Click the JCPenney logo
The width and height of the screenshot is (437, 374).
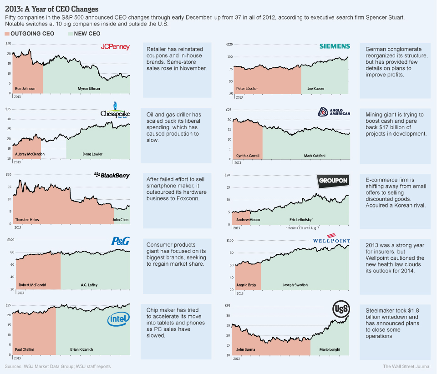pyautogui.click(x=115, y=47)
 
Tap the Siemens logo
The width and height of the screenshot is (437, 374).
pyautogui.click(x=335, y=46)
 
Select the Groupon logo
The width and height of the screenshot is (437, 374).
pyautogui.click(x=333, y=181)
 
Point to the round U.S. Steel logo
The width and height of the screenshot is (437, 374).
pyautogui.click(x=341, y=309)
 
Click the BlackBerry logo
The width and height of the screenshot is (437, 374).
pyautogui.click(x=112, y=175)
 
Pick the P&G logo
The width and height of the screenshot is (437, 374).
pyautogui.click(x=121, y=242)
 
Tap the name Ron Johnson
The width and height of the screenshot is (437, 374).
pyautogui.click(x=25, y=88)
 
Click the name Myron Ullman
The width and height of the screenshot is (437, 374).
pyautogui.click(x=89, y=88)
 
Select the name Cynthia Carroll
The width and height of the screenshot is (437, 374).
pyautogui.click(x=248, y=156)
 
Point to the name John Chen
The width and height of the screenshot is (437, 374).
pyautogui.click(x=120, y=220)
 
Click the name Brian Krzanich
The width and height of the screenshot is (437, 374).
pyautogui.click(x=81, y=349)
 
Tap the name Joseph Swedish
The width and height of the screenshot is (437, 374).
pyautogui.click(x=295, y=285)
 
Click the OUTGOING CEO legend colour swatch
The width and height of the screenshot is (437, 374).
pyautogui.click(x=7, y=34)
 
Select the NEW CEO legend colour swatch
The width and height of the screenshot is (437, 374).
pyautogui.click(x=70, y=34)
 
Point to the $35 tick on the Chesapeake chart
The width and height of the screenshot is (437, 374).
pyautogui.click(x=8, y=109)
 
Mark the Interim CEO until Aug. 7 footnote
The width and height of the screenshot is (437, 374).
pyautogui.click(x=302, y=227)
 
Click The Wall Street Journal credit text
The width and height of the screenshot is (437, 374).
pyautogui.click(x=407, y=366)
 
